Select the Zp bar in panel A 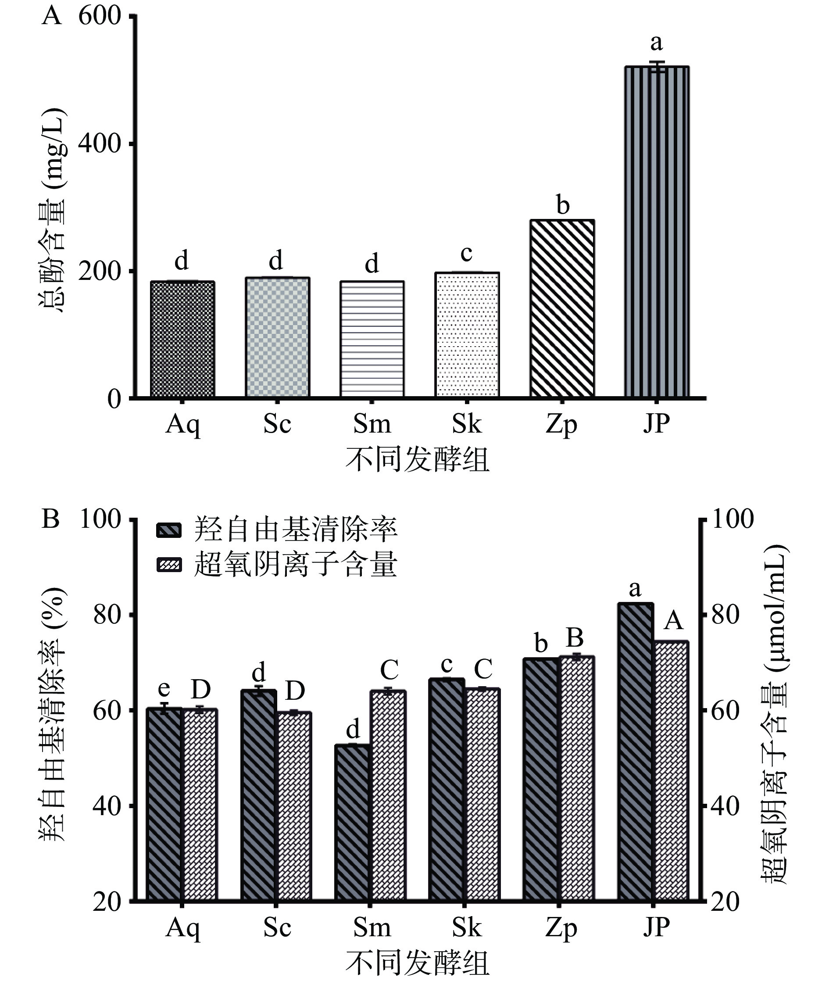pos(562,308)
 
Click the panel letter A pos(51,16)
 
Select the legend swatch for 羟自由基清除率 pos(168,530)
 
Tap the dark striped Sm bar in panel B pos(353,822)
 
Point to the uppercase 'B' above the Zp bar pos(575,638)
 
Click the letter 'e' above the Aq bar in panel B pos(164,689)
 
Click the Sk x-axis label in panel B pos(467,927)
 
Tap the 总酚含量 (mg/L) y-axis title pos(53,211)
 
